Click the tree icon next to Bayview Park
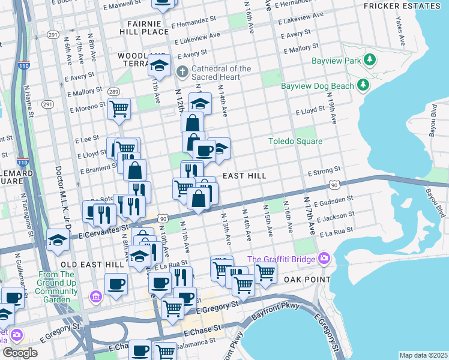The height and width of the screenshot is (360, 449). [371, 61]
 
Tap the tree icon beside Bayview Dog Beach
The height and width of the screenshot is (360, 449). [363, 86]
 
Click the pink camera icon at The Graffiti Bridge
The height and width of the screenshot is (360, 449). [325, 259]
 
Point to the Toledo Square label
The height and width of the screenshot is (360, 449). [295, 141]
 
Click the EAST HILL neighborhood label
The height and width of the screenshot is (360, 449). [244, 176]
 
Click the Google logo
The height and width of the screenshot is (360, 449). [19, 352]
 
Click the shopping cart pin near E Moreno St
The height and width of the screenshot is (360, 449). [119, 109]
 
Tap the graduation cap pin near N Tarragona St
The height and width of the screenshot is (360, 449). [58, 241]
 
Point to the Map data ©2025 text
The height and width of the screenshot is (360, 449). [423, 355]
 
